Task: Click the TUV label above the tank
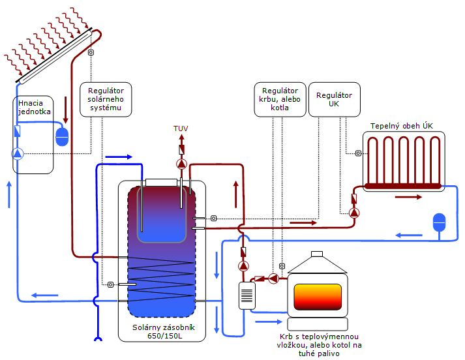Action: tap(181, 129)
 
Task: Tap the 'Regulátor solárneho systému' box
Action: tap(106, 99)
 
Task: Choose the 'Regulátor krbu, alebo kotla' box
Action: tap(280, 99)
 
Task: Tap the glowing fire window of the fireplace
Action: tap(318, 297)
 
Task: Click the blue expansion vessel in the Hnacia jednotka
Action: tap(63, 136)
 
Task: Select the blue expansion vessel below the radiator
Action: tap(440, 222)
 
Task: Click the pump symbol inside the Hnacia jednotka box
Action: tap(18, 154)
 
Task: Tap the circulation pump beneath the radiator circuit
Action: tap(353, 212)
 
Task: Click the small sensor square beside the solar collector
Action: tap(91, 53)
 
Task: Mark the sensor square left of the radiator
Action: tap(359, 154)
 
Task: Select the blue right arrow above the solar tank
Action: tap(119, 157)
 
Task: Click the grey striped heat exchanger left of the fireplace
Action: tap(247, 296)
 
